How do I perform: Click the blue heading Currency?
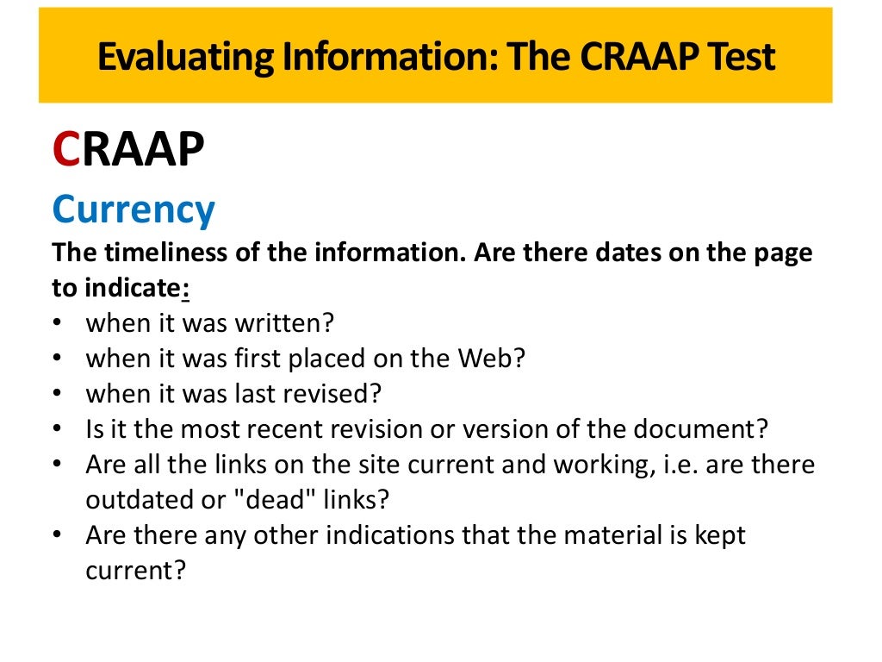tap(134, 209)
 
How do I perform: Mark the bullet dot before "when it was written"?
tap(58, 325)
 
